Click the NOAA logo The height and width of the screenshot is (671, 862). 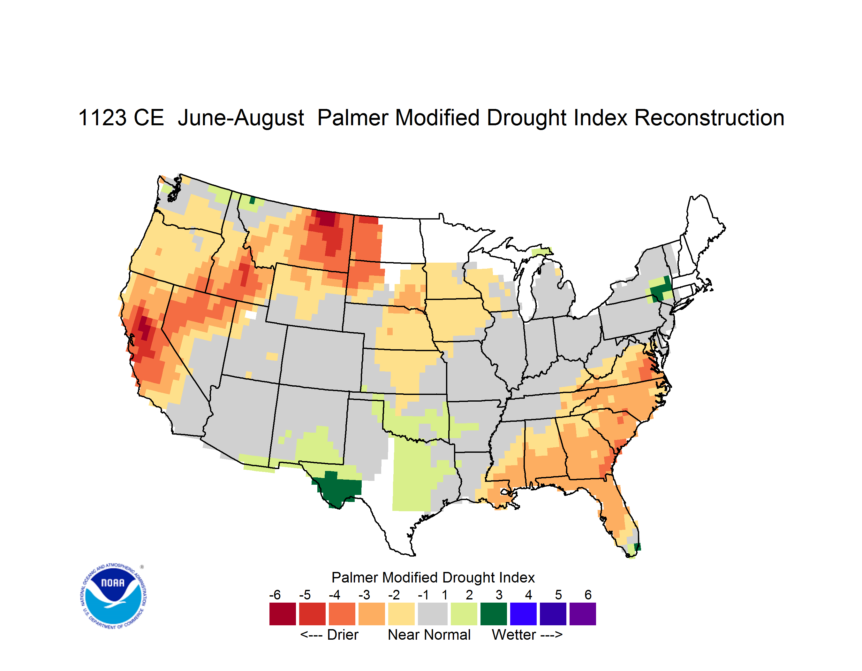click(x=114, y=596)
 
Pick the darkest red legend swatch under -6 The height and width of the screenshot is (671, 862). click(x=283, y=614)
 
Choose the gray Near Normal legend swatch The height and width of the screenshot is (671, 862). click(x=433, y=614)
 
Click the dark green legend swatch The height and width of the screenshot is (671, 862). click(x=493, y=614)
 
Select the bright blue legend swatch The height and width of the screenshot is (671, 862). click(x=523, y=614)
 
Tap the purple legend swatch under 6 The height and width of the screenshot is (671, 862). click(x=583, y=614)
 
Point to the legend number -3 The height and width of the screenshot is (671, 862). click(x=364, y=595)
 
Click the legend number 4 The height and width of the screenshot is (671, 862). click(x=528, y=595)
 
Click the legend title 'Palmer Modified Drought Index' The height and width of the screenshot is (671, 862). click(x=433, y=577)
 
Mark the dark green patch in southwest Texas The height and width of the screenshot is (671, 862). click(x=338, y=489)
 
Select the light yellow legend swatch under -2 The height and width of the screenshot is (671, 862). click(x=401, y=614)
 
